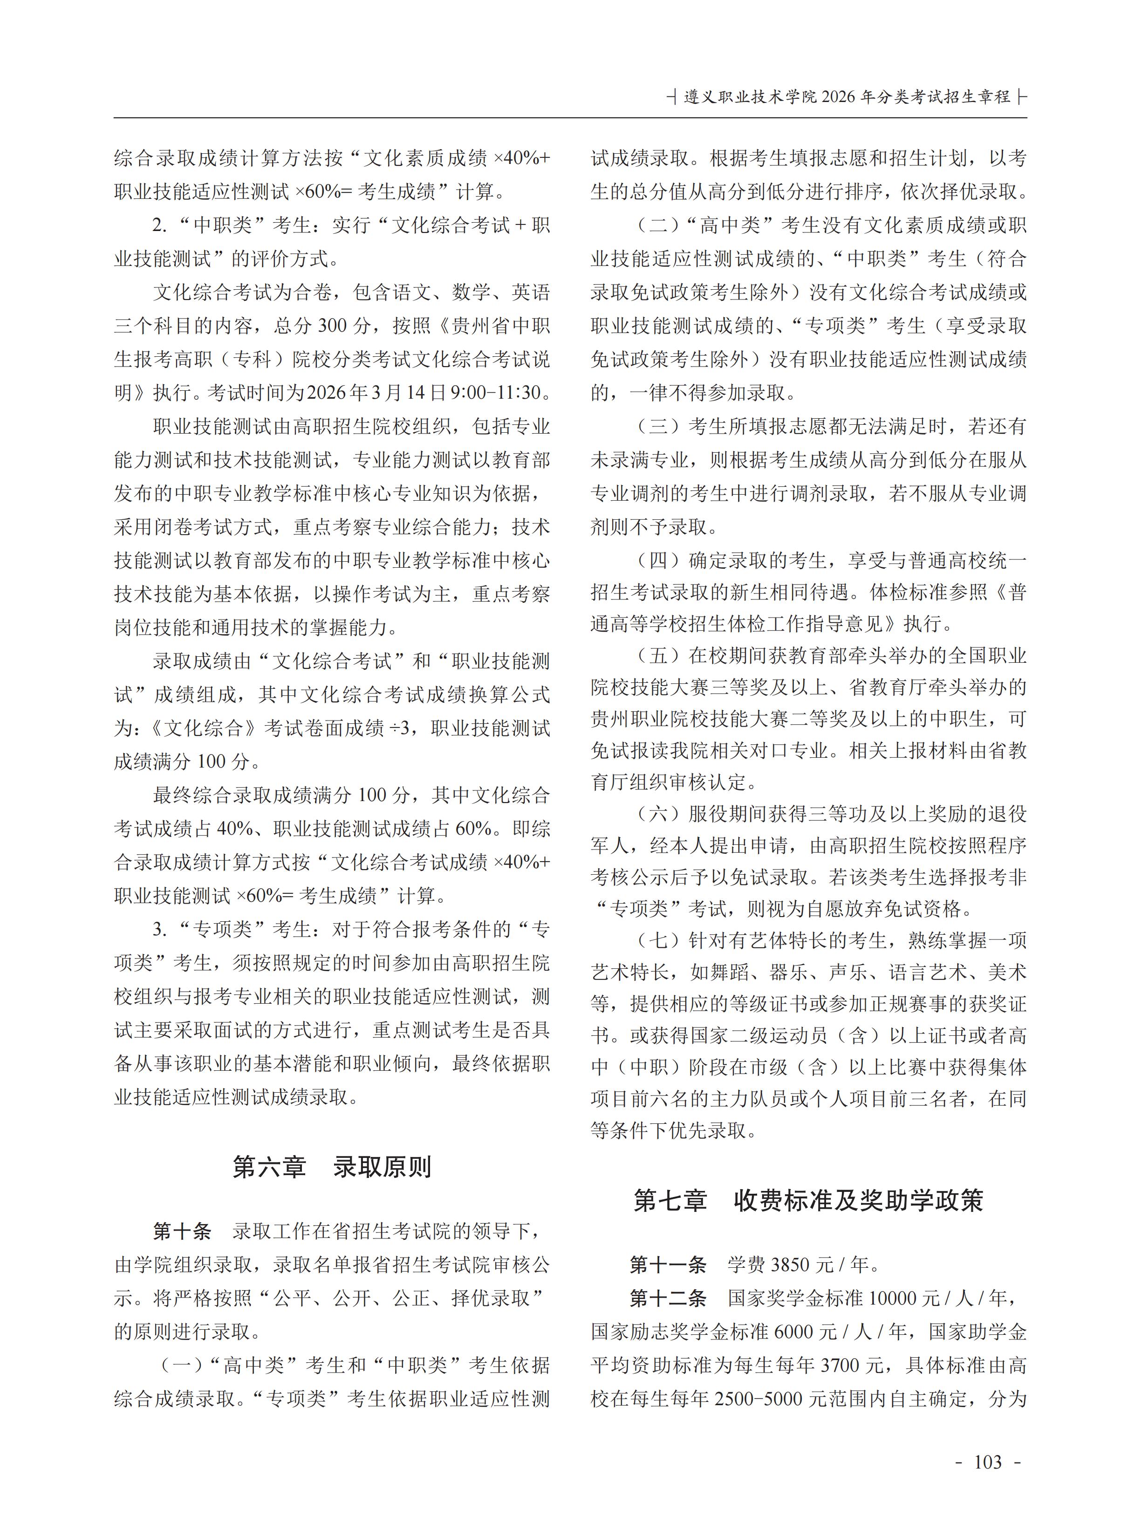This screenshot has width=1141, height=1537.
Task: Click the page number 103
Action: click(x=988, y=1462)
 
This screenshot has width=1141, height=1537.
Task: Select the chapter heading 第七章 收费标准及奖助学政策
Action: click(x=808, y=1201)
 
